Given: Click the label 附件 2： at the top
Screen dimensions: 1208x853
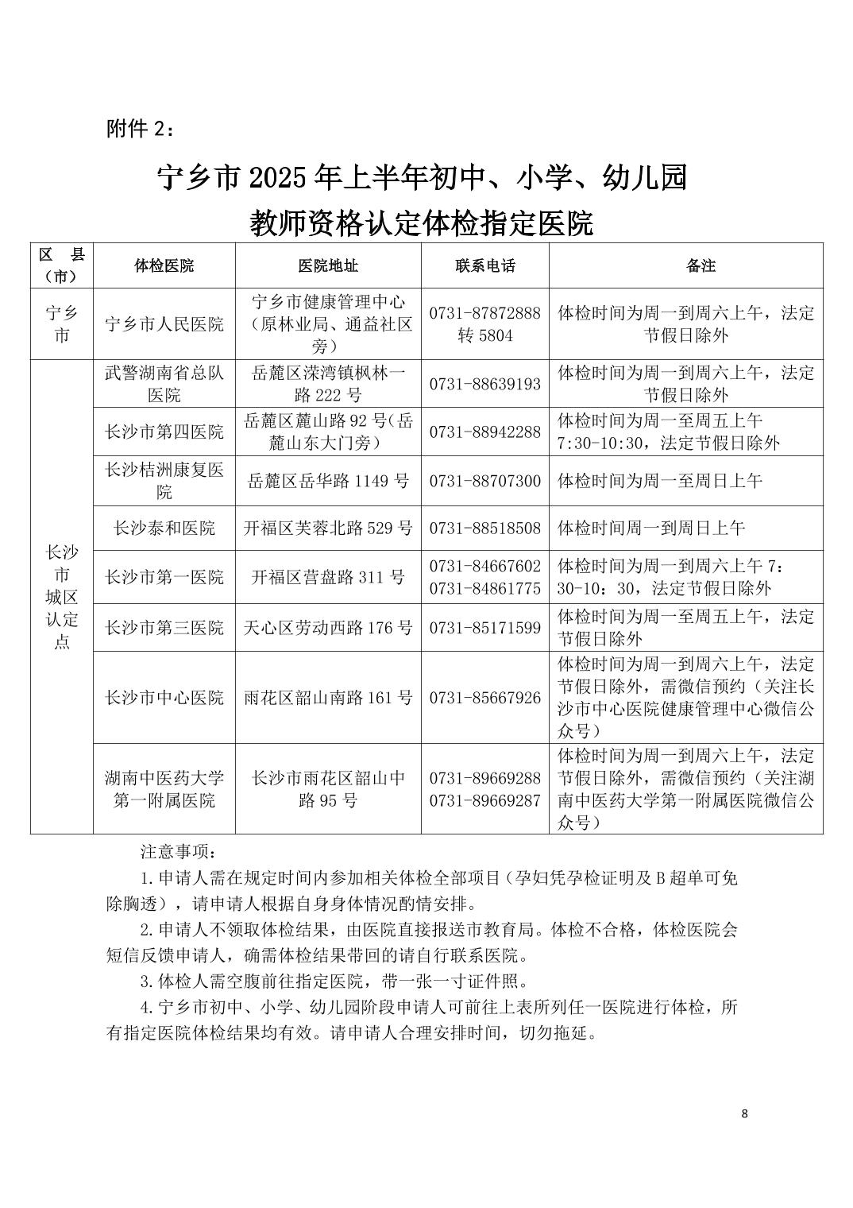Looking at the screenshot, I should click(x=138, y=129).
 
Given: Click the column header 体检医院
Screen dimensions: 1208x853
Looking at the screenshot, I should click(x=164, y=265).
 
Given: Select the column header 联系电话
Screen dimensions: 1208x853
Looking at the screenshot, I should click(x=485, y=265).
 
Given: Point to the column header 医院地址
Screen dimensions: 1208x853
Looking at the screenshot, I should click(x=327, y=265).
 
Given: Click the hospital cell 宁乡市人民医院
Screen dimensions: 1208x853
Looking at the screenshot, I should click(x=164, y=324).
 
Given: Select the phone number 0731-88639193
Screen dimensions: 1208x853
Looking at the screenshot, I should click(x=484, y=384).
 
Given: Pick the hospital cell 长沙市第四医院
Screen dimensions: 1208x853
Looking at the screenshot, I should click(x=164, y=432).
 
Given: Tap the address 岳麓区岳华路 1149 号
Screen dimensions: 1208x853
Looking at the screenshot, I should click(x=328, y=481).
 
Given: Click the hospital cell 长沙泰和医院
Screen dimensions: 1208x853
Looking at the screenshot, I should click(x=164, y=528).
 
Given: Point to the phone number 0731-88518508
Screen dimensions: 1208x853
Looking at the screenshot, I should click(x=484, y=528).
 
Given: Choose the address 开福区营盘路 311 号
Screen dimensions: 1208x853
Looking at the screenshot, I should click(x=328, y=577).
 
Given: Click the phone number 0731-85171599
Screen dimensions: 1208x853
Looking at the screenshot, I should click(x=484, y=628).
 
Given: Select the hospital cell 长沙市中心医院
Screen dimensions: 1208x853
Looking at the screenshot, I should click(x=164, y=698).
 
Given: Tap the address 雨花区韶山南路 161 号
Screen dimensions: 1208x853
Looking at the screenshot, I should click(x=328, y=698).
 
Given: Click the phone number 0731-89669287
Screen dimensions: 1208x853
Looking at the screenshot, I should click(x=484, y=800).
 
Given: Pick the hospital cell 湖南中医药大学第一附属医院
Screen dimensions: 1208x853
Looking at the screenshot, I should click(x=164, y=789).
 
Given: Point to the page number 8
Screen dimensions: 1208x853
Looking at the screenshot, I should click(x=743, y=1113).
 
